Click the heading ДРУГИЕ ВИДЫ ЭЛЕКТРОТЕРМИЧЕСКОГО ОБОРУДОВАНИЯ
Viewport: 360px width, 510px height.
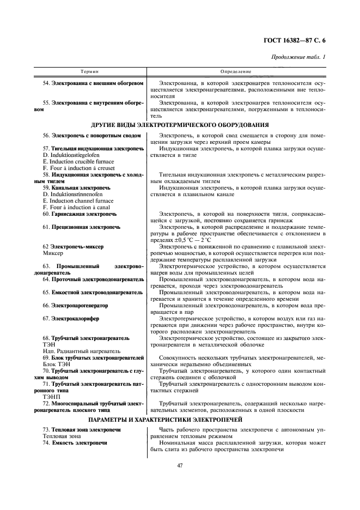tap(180, 125)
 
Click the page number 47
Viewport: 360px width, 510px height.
tap(180, 465)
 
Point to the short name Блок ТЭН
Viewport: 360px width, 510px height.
tap(57, 365)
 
